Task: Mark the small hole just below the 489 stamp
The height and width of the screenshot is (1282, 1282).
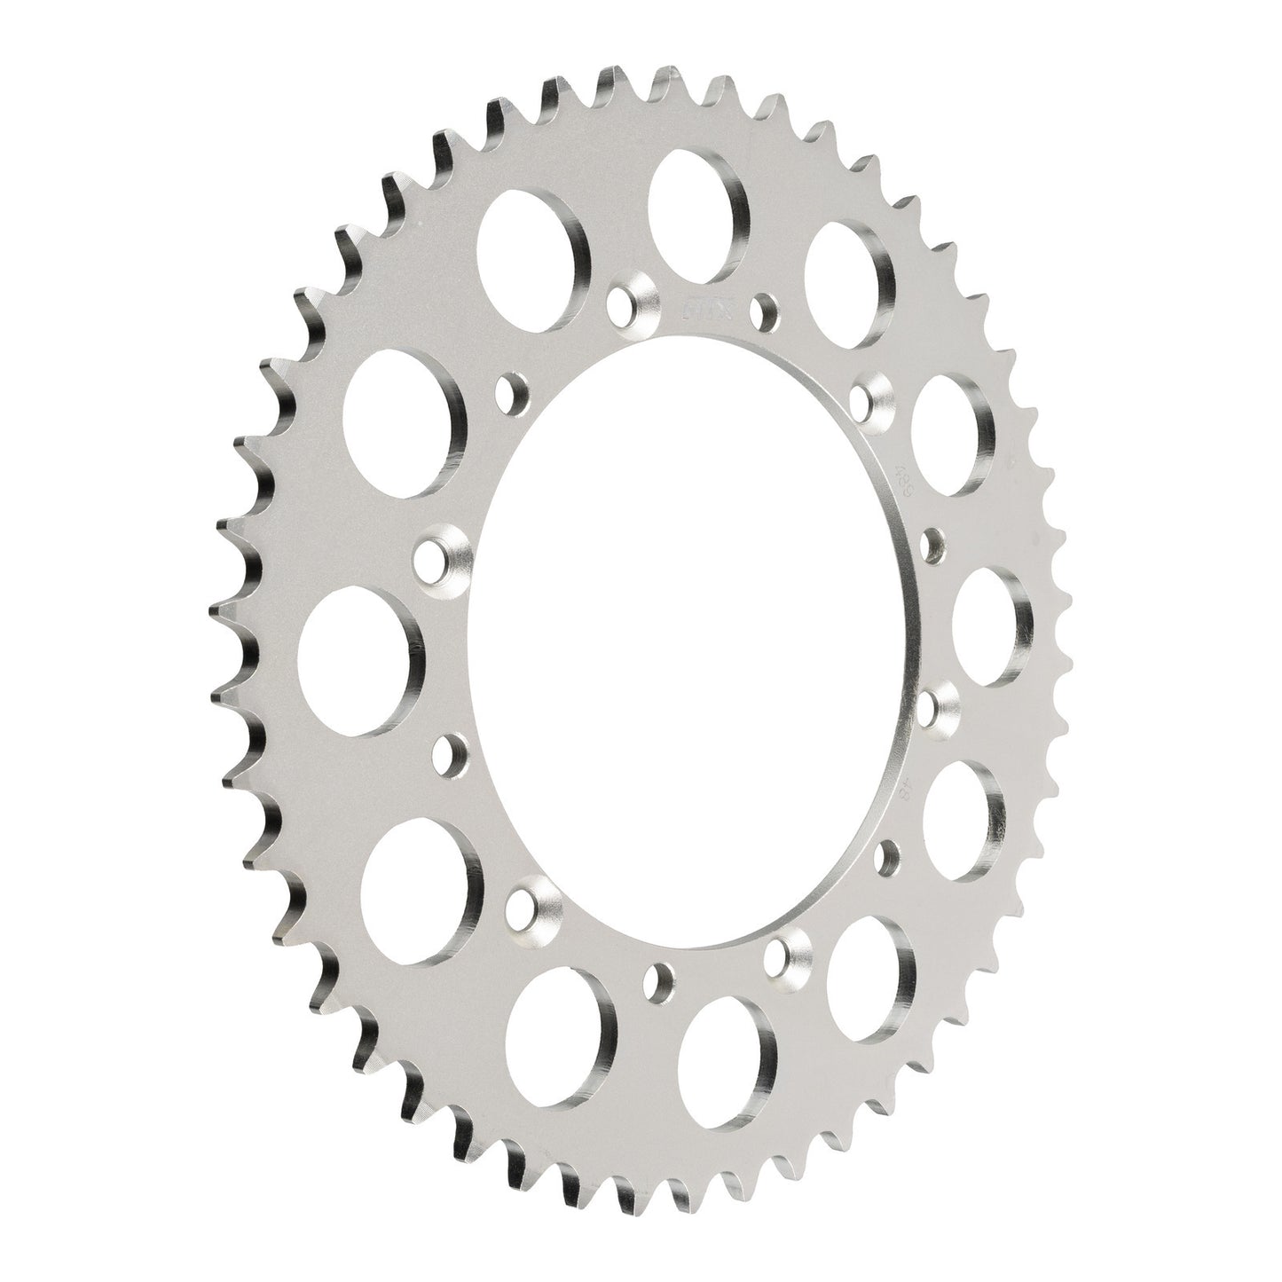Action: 932,542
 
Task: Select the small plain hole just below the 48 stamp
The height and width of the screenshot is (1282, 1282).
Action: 885,855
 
